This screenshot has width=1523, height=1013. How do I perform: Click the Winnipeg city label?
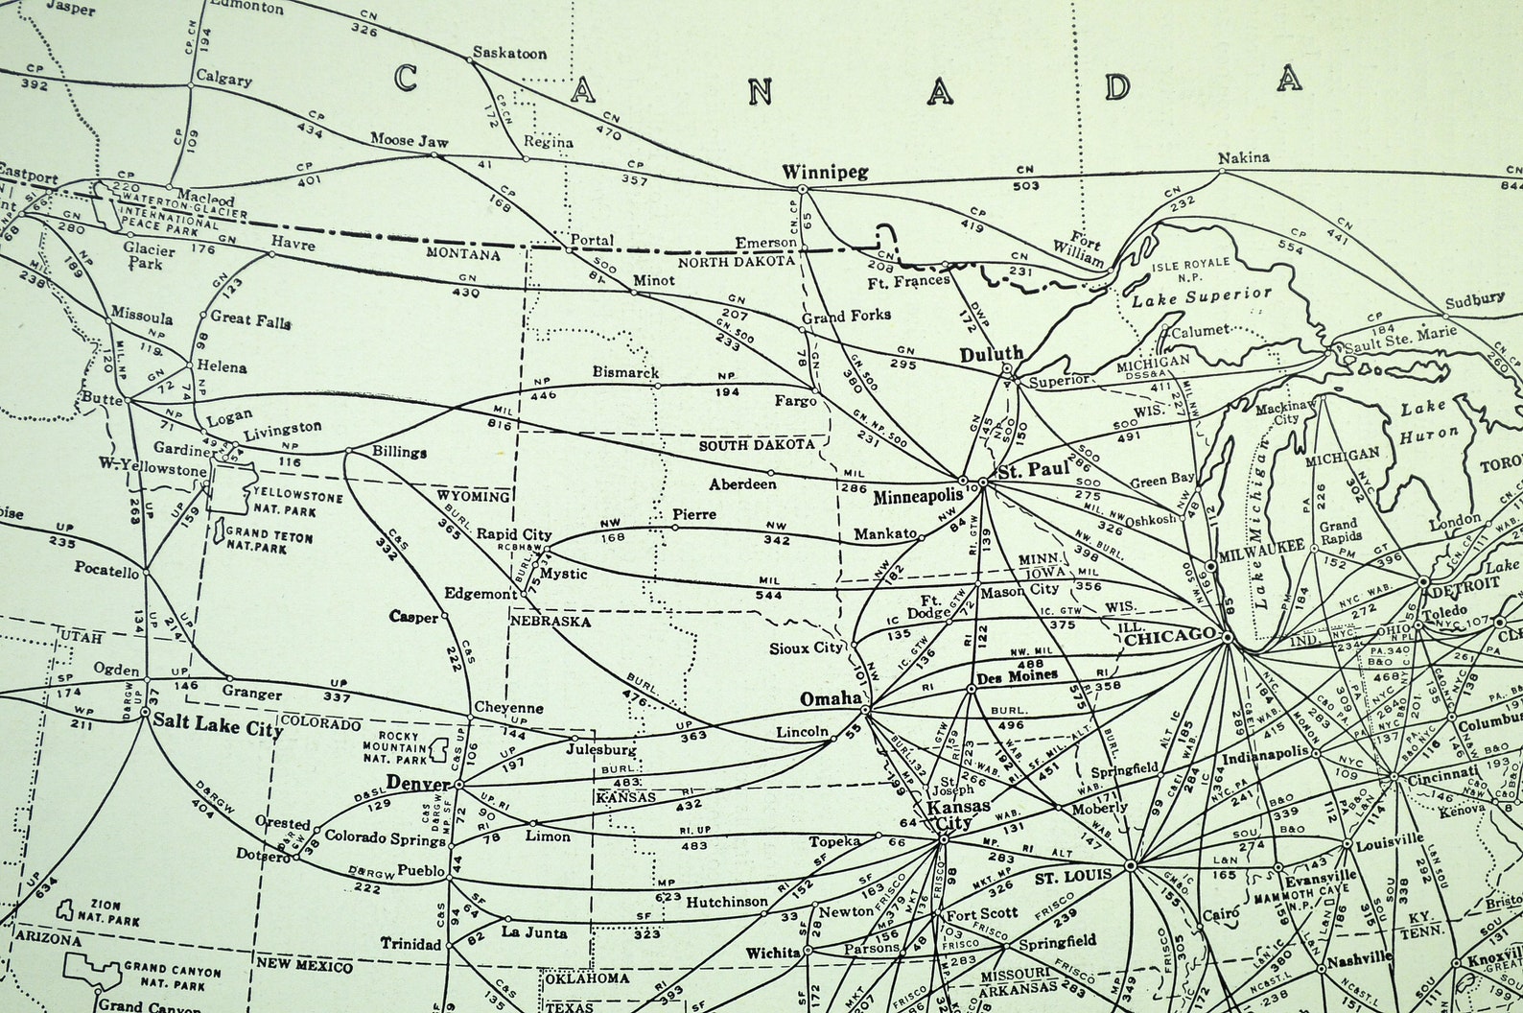coord(825,173)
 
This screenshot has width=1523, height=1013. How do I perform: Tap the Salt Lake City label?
coord(220,730)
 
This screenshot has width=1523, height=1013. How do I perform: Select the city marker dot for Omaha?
coord(865,711)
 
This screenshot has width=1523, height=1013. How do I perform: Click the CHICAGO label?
coord(1170,637)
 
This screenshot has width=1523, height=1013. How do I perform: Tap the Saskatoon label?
coord(509,54)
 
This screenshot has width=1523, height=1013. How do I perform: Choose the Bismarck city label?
coord(625,371)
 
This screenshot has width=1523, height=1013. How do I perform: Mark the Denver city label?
coord(418,784)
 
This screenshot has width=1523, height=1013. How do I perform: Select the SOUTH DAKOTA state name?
coord(757,444)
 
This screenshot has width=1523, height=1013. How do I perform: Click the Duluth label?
coord(992,354)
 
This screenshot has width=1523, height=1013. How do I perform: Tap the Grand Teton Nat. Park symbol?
coord(219,530)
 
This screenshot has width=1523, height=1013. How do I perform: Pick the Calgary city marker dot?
coord(190,85)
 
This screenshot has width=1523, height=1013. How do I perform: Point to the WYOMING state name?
coord(474,496)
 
